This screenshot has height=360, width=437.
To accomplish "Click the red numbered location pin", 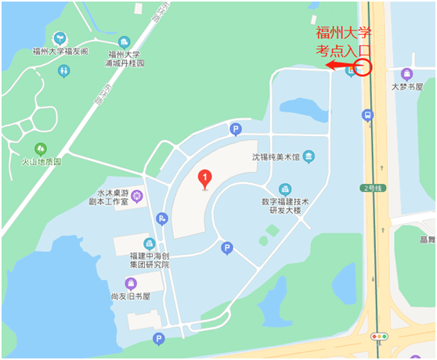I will (x=205, y=179).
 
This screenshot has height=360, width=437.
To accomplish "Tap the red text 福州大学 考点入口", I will (x=343, y=41).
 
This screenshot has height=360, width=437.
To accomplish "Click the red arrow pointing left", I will (x=338, y=66).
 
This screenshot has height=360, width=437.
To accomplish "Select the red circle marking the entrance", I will (x=363, y=66).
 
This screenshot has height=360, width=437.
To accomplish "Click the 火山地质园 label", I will (x=41, y=162).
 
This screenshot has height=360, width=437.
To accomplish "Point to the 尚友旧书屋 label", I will (x=131, y=297).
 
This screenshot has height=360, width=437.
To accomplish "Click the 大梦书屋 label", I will (x=407, y=87).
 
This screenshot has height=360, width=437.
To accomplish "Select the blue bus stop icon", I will (x=367, y=115).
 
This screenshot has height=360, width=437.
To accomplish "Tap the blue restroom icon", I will (x=64, y=70).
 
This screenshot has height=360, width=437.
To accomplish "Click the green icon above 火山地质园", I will (x=41, y=148).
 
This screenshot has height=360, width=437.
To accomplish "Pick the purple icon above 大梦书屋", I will (x=406, y=74).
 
